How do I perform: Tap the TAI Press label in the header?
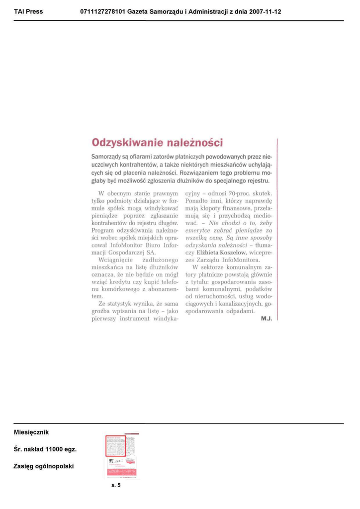(28, 11)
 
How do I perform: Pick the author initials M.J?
(267, 319)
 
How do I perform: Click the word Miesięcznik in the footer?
(31, 432)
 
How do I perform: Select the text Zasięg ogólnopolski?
(44, 466)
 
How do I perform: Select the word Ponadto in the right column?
(197, 200)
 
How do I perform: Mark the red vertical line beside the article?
(276, 231)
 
